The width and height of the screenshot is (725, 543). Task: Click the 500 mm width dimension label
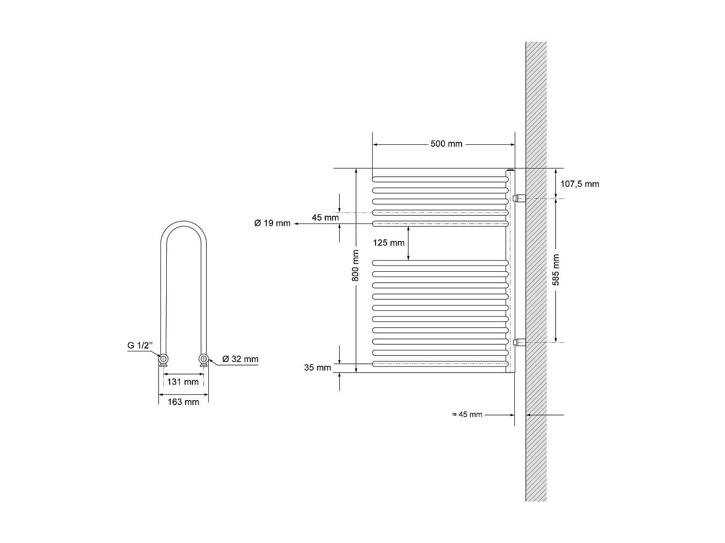(x=446, y=144)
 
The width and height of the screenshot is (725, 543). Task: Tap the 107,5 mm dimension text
(x=580, y=183)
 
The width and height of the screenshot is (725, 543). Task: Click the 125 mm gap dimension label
(x=389, y=243)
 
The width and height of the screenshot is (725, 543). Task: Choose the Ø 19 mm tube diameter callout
(x=272, y=223)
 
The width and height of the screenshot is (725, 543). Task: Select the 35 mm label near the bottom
(x=318, y=368)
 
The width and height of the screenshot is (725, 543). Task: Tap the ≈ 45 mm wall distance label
(x=467, y=414)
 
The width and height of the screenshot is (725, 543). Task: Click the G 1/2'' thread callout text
(x=140, y=345)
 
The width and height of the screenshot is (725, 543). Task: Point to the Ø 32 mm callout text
(x=240, y=359)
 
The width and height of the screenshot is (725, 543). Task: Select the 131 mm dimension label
(x=183, y=382)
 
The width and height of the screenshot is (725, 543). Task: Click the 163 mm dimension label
(x=183, y=402)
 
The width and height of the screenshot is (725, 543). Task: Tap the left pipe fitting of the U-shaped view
(x=164, y=359)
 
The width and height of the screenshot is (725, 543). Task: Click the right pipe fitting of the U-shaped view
(x=203, y=359)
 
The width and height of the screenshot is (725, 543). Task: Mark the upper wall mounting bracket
(x=521, y=198)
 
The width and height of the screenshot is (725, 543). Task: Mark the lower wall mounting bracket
(x=521, y=343)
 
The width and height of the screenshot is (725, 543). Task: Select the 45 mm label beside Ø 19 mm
(x=325, y=217)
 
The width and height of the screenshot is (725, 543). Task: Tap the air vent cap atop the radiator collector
(x=510, y=170)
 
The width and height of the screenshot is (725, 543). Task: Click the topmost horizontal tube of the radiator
(x=440, y=179)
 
